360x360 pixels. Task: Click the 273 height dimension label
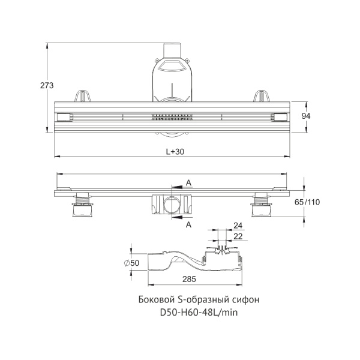tap(47, 85)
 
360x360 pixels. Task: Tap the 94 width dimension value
tap(306, 116)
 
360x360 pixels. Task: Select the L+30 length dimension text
tap(175, 152)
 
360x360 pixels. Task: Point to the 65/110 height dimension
tap(307, 202)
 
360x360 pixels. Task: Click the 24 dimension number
tap(238, 226)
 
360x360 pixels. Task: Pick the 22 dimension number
tap(238, 236)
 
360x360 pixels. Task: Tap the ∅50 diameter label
tap(131, 263)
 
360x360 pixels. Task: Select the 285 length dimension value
tap(189, 279)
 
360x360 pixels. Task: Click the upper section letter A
tap(188, 183)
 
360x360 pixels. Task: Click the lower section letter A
tap(188, 224)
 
